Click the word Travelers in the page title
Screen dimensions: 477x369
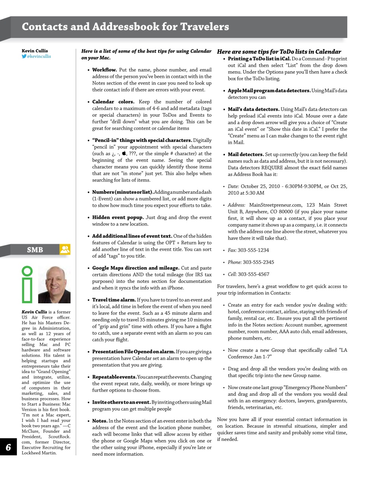[x=204, y=27]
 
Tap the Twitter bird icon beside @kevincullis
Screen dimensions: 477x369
[x=24, y=57]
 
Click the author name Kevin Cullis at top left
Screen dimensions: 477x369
[x=35, y=51]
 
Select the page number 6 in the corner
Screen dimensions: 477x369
[x=8, y=447]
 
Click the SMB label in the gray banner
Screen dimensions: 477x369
[x=35, y=250]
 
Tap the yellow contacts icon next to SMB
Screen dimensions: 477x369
[x=65, y=249]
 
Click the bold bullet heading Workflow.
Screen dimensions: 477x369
[x=104, y=70]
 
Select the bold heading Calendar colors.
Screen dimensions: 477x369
[x=113, y=102]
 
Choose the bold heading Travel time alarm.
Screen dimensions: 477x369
[x=114, y=300]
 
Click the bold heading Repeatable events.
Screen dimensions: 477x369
[x=114, y=377]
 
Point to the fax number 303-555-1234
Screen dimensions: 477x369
[x=253, y=250]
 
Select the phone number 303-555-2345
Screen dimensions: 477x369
[x=258, y=262]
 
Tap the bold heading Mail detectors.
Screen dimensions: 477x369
[x=246, y=154]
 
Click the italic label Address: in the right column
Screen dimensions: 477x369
[x=237, y=205]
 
